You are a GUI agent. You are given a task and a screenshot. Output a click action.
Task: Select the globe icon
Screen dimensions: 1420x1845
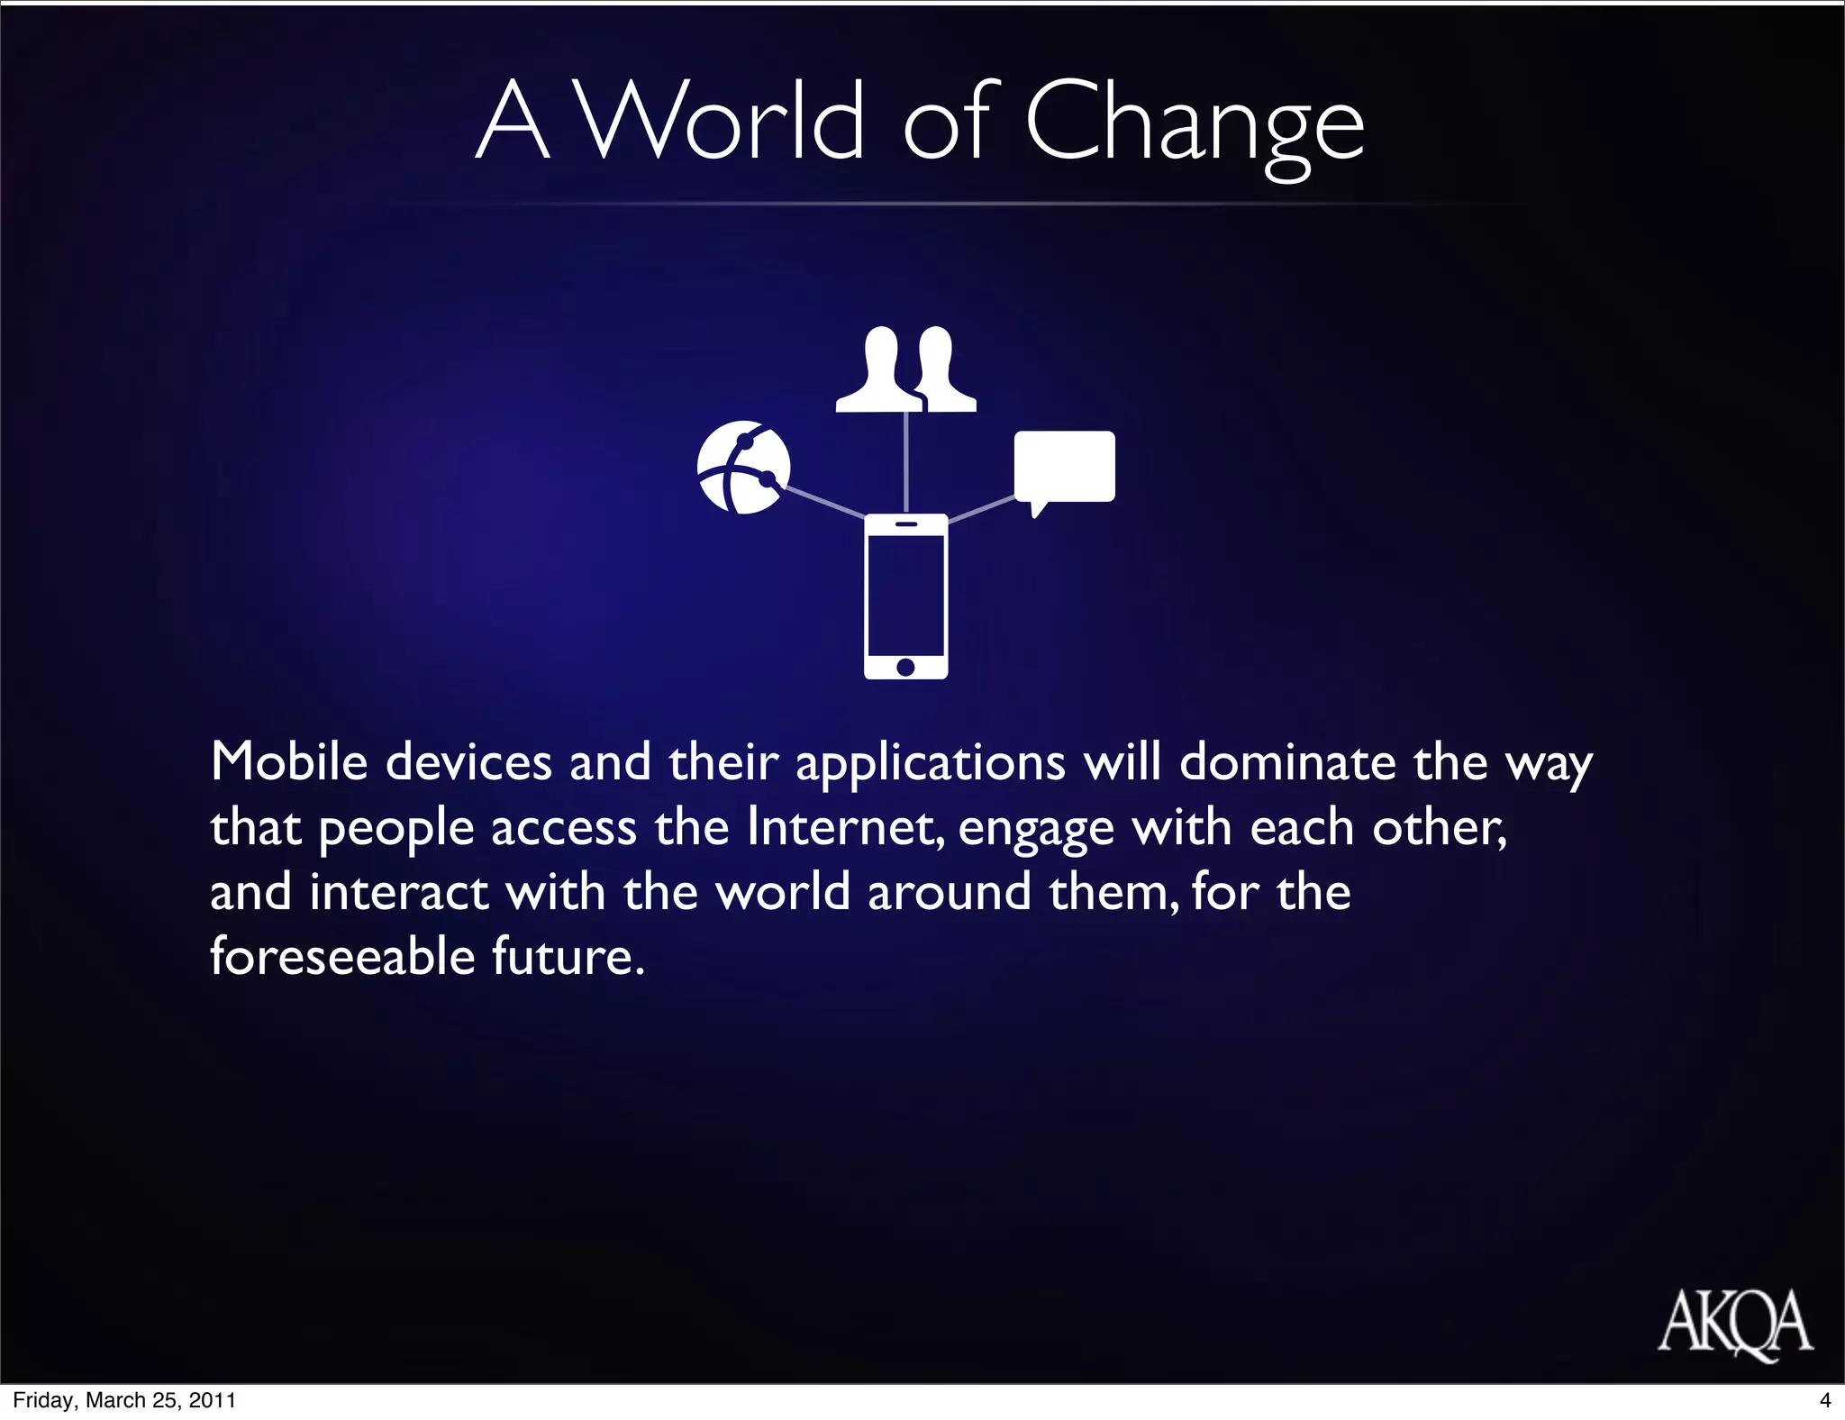coord(743,467)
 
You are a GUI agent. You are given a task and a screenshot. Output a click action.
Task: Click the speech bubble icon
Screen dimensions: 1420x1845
coord(1064,467)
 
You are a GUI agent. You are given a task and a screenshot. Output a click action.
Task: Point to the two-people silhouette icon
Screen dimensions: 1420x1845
coord(905,369)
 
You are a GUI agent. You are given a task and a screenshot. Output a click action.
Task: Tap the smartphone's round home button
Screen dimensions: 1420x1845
coord(905,667)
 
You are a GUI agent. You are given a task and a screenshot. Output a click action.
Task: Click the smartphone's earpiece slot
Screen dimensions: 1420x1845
coord(905,524)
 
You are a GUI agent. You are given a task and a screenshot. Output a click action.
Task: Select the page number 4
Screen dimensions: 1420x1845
coord(1825,1400)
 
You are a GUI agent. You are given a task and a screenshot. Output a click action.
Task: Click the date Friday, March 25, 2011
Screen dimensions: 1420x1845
coord(124,1400)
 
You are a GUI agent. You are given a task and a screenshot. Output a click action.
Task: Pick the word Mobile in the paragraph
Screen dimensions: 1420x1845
coord(289,761)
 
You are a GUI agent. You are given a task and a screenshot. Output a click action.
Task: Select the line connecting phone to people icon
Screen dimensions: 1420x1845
coord(905,461)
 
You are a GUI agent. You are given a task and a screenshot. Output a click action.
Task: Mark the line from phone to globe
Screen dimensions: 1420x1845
coord(824,502)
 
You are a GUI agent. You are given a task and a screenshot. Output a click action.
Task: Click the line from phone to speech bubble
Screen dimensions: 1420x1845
coord(982,508)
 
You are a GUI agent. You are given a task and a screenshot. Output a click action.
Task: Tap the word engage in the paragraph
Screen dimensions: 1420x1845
coord(1036,828)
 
